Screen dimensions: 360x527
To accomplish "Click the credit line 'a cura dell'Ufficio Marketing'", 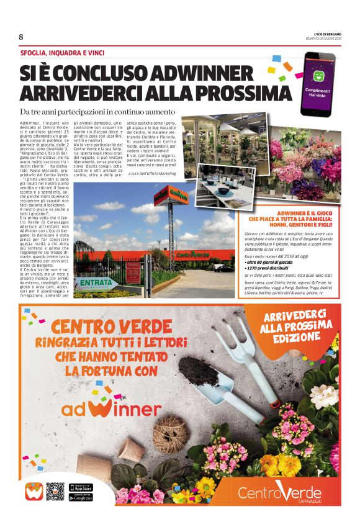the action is tap(153, 174).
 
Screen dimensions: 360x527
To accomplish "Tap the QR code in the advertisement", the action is tap(55, 490).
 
